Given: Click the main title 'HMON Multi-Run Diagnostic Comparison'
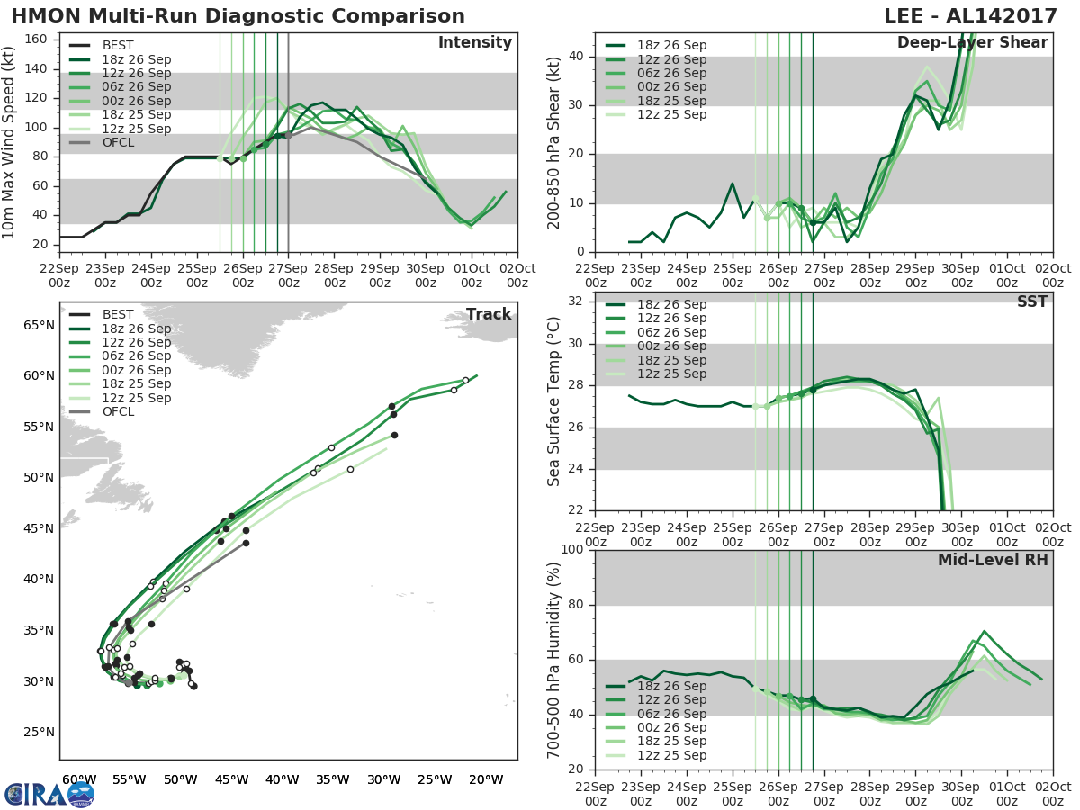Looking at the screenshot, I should coord(238,16).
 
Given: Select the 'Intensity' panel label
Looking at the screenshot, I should coord(474,43).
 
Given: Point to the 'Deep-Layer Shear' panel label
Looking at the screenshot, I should coord(972,43).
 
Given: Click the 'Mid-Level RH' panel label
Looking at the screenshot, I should coord(993,560).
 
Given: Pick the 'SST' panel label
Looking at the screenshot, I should coord(1031,301).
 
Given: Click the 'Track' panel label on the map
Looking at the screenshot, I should coord(488,314).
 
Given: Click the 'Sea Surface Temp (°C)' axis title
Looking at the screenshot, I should coord(554,401).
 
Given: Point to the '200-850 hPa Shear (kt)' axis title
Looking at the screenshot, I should coord(554,143).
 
